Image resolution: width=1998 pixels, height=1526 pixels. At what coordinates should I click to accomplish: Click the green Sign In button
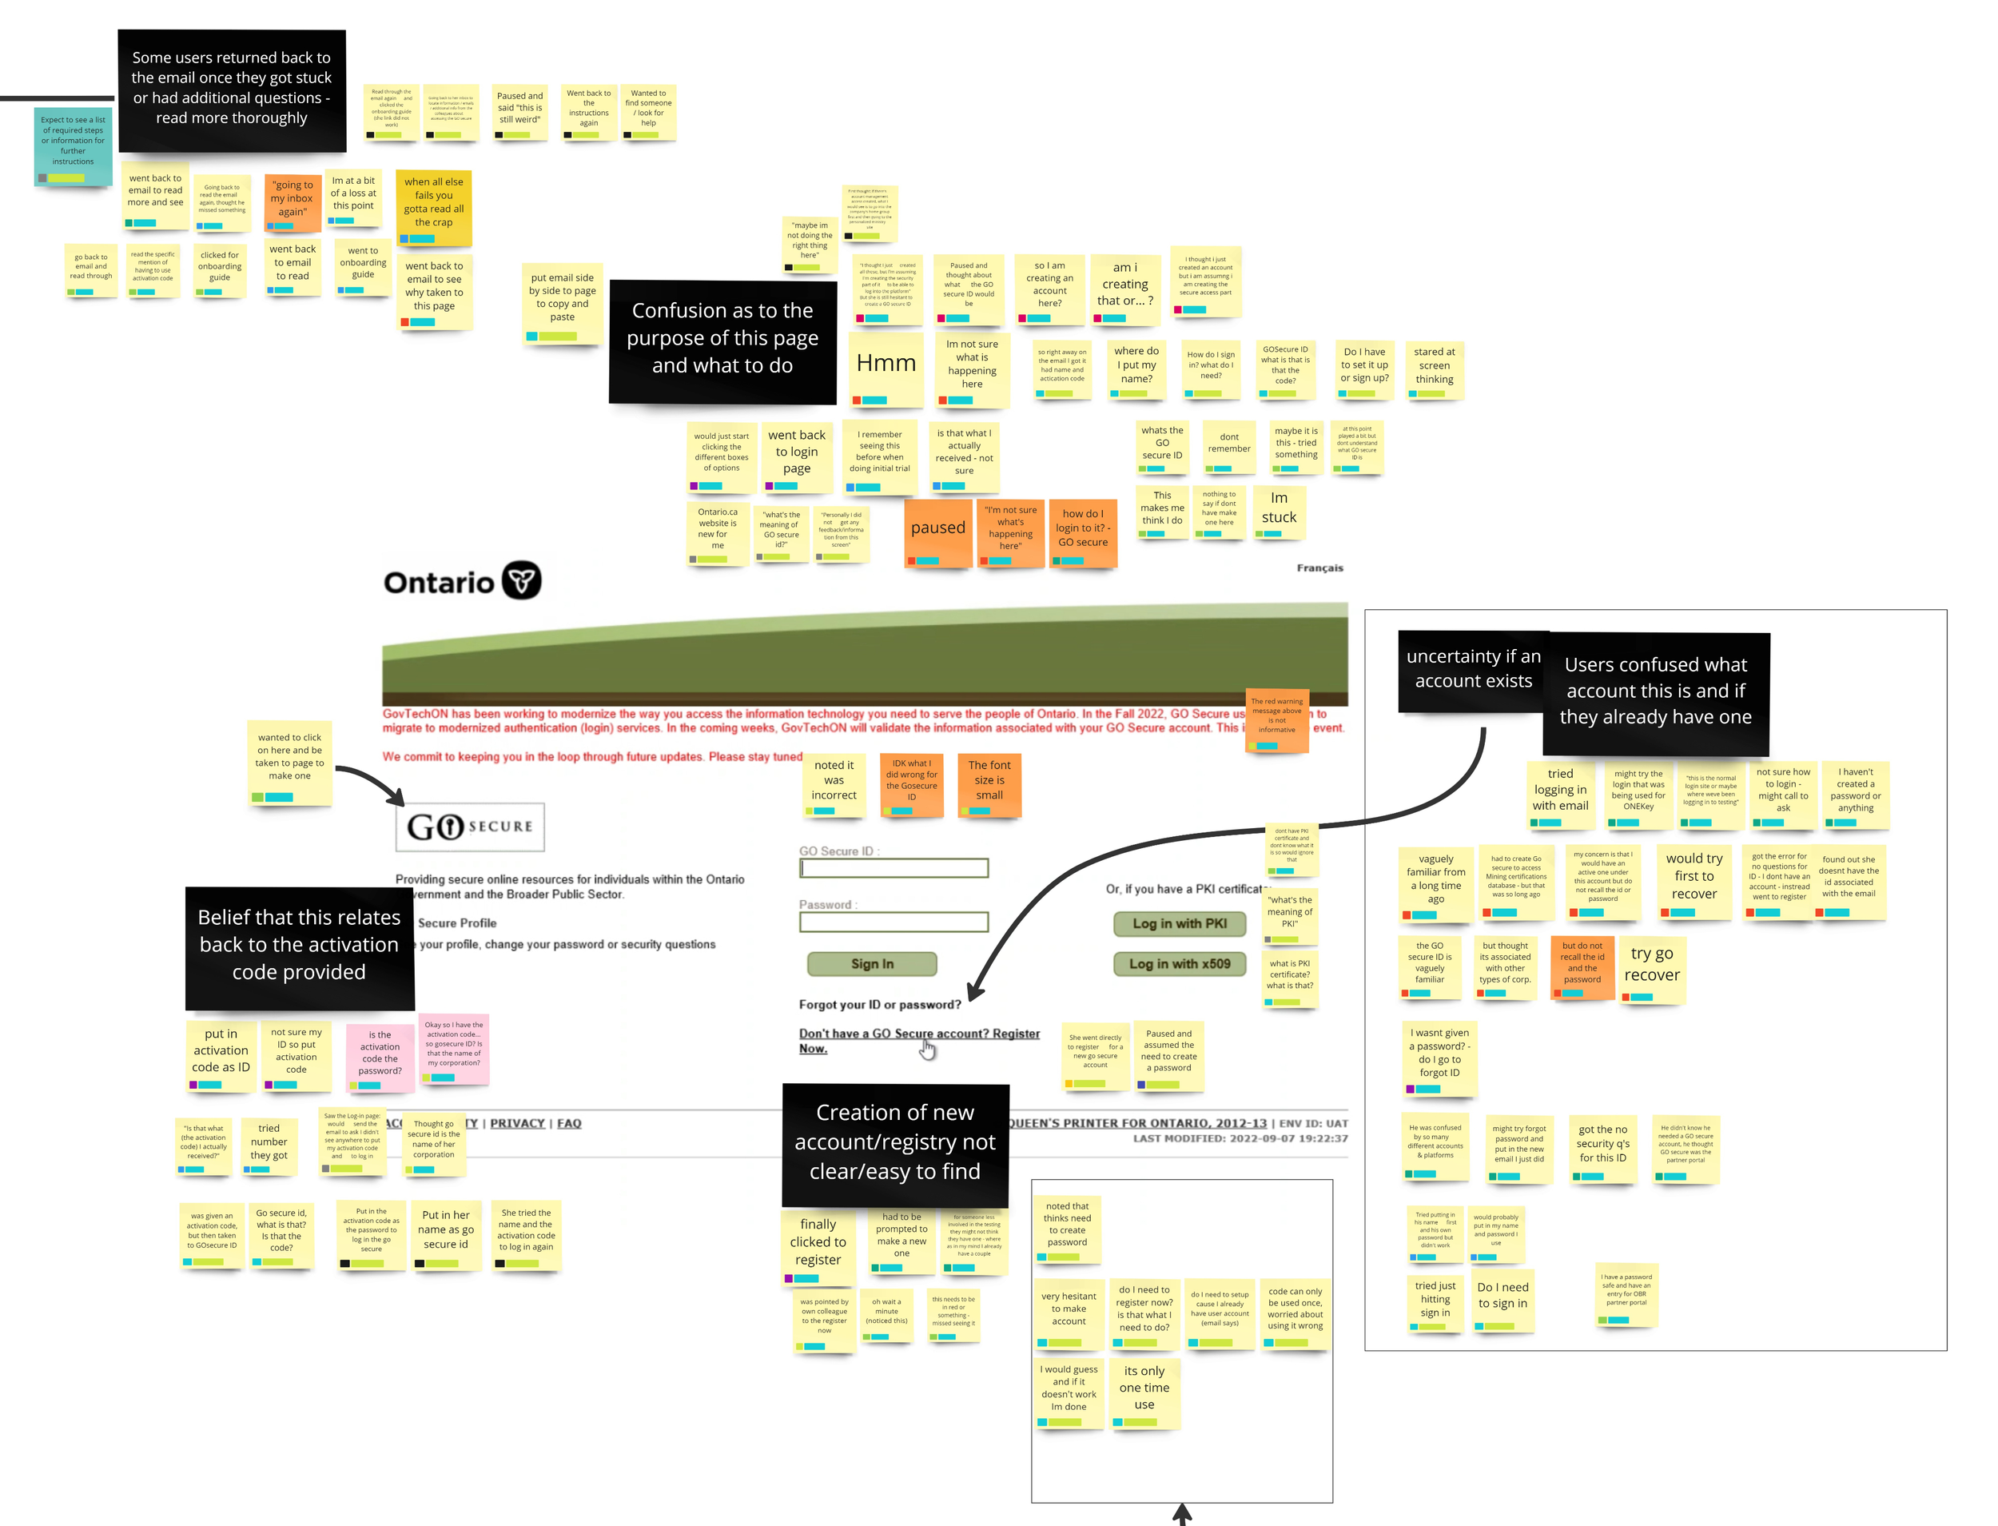[871, 964]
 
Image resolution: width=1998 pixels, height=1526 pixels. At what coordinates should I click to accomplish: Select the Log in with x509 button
[1179, 964]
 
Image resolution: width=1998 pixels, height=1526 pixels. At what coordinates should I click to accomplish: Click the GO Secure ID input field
[893, 868]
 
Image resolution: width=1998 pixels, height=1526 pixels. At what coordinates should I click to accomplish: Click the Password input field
[893, 922]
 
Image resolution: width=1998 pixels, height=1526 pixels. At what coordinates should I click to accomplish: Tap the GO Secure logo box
[470, 827]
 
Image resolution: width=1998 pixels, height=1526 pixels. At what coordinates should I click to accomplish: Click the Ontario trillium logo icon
[521, 580]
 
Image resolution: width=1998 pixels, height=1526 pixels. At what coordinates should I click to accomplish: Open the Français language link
[1319, 568]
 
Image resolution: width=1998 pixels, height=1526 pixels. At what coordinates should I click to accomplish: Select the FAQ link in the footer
[568, 1124]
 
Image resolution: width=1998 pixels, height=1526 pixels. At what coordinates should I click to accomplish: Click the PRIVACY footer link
[517, 1124]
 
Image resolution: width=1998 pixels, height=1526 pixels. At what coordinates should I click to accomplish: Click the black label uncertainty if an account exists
[1472, 669]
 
